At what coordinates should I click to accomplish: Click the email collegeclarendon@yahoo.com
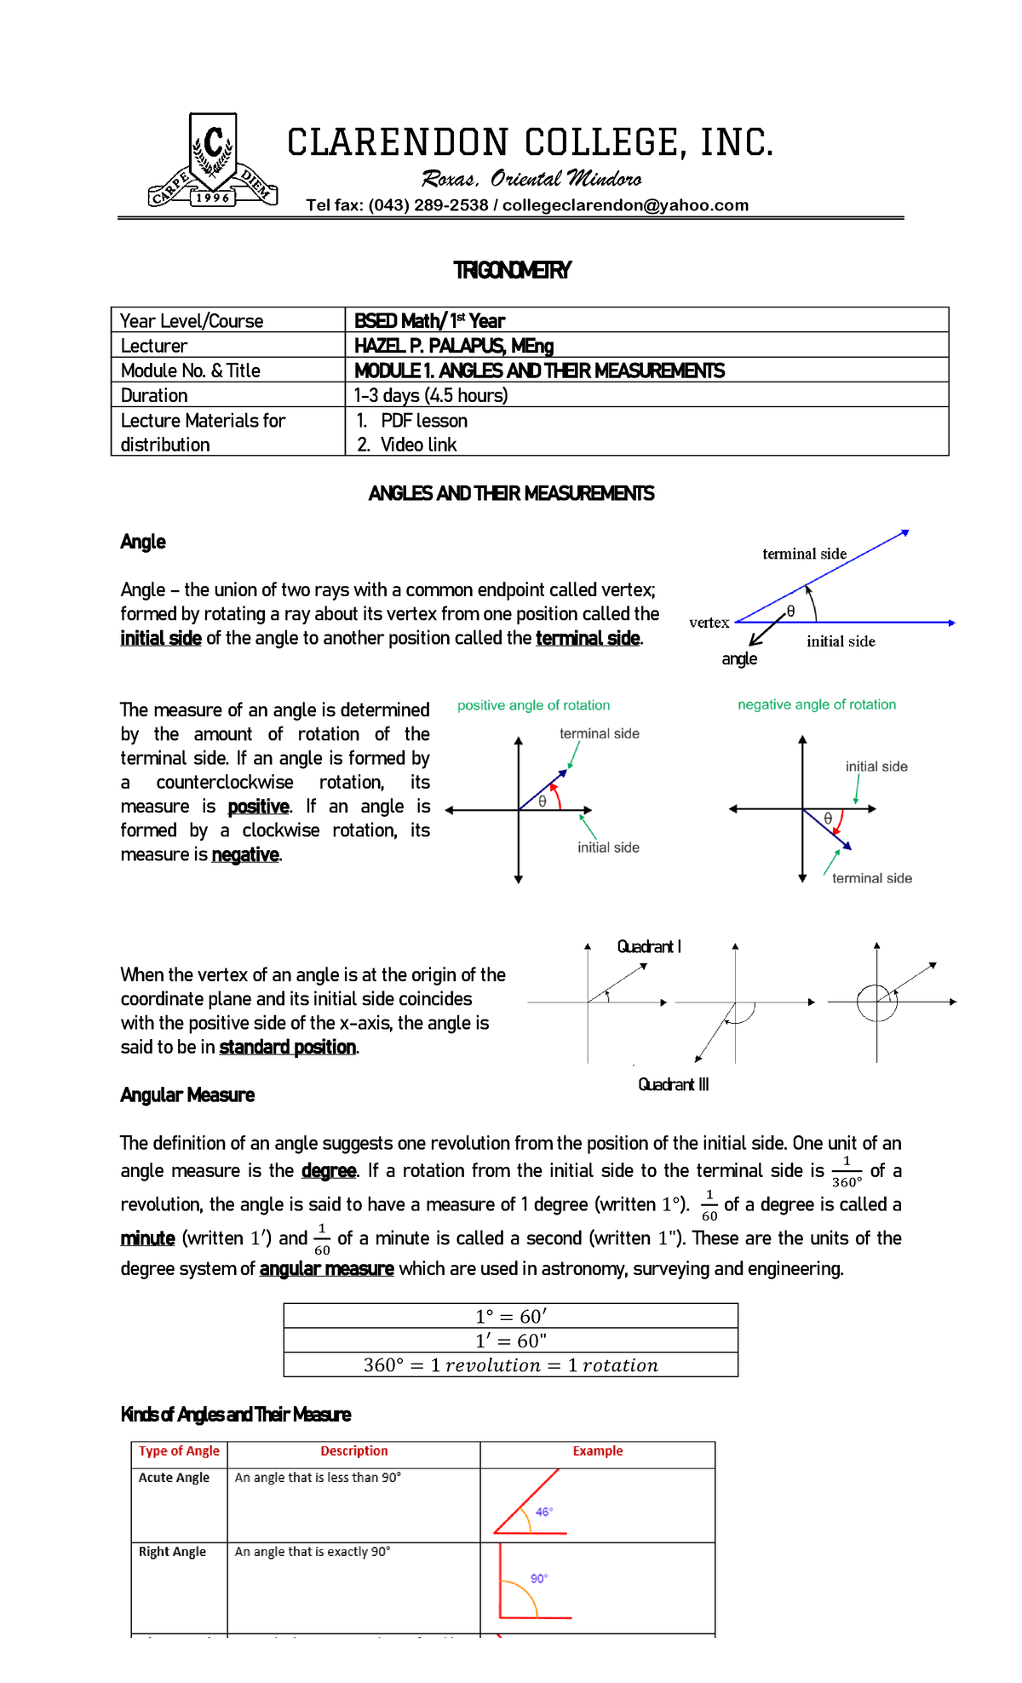625,205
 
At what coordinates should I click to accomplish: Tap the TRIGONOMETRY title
512,270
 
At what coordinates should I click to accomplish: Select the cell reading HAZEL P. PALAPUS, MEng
454,346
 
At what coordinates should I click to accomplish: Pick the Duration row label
154,395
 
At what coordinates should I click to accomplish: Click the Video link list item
418,445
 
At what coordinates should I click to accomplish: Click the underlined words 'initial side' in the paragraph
161,638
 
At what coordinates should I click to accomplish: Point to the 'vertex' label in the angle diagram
709,623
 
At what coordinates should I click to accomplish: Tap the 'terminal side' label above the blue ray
804,554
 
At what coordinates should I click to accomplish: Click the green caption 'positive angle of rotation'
533,705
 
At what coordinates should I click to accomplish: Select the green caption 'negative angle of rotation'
816,704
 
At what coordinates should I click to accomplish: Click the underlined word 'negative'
245,854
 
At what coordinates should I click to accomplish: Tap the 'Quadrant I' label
649,946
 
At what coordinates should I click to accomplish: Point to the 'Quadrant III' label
673,1084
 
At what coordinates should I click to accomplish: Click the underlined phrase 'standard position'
287,1047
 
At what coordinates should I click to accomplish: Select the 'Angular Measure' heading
187,1094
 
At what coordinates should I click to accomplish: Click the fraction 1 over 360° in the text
847,1172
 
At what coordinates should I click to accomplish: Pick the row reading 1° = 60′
510,1316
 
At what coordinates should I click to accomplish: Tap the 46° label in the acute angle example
543,1512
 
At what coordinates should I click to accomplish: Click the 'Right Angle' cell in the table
173,1552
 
